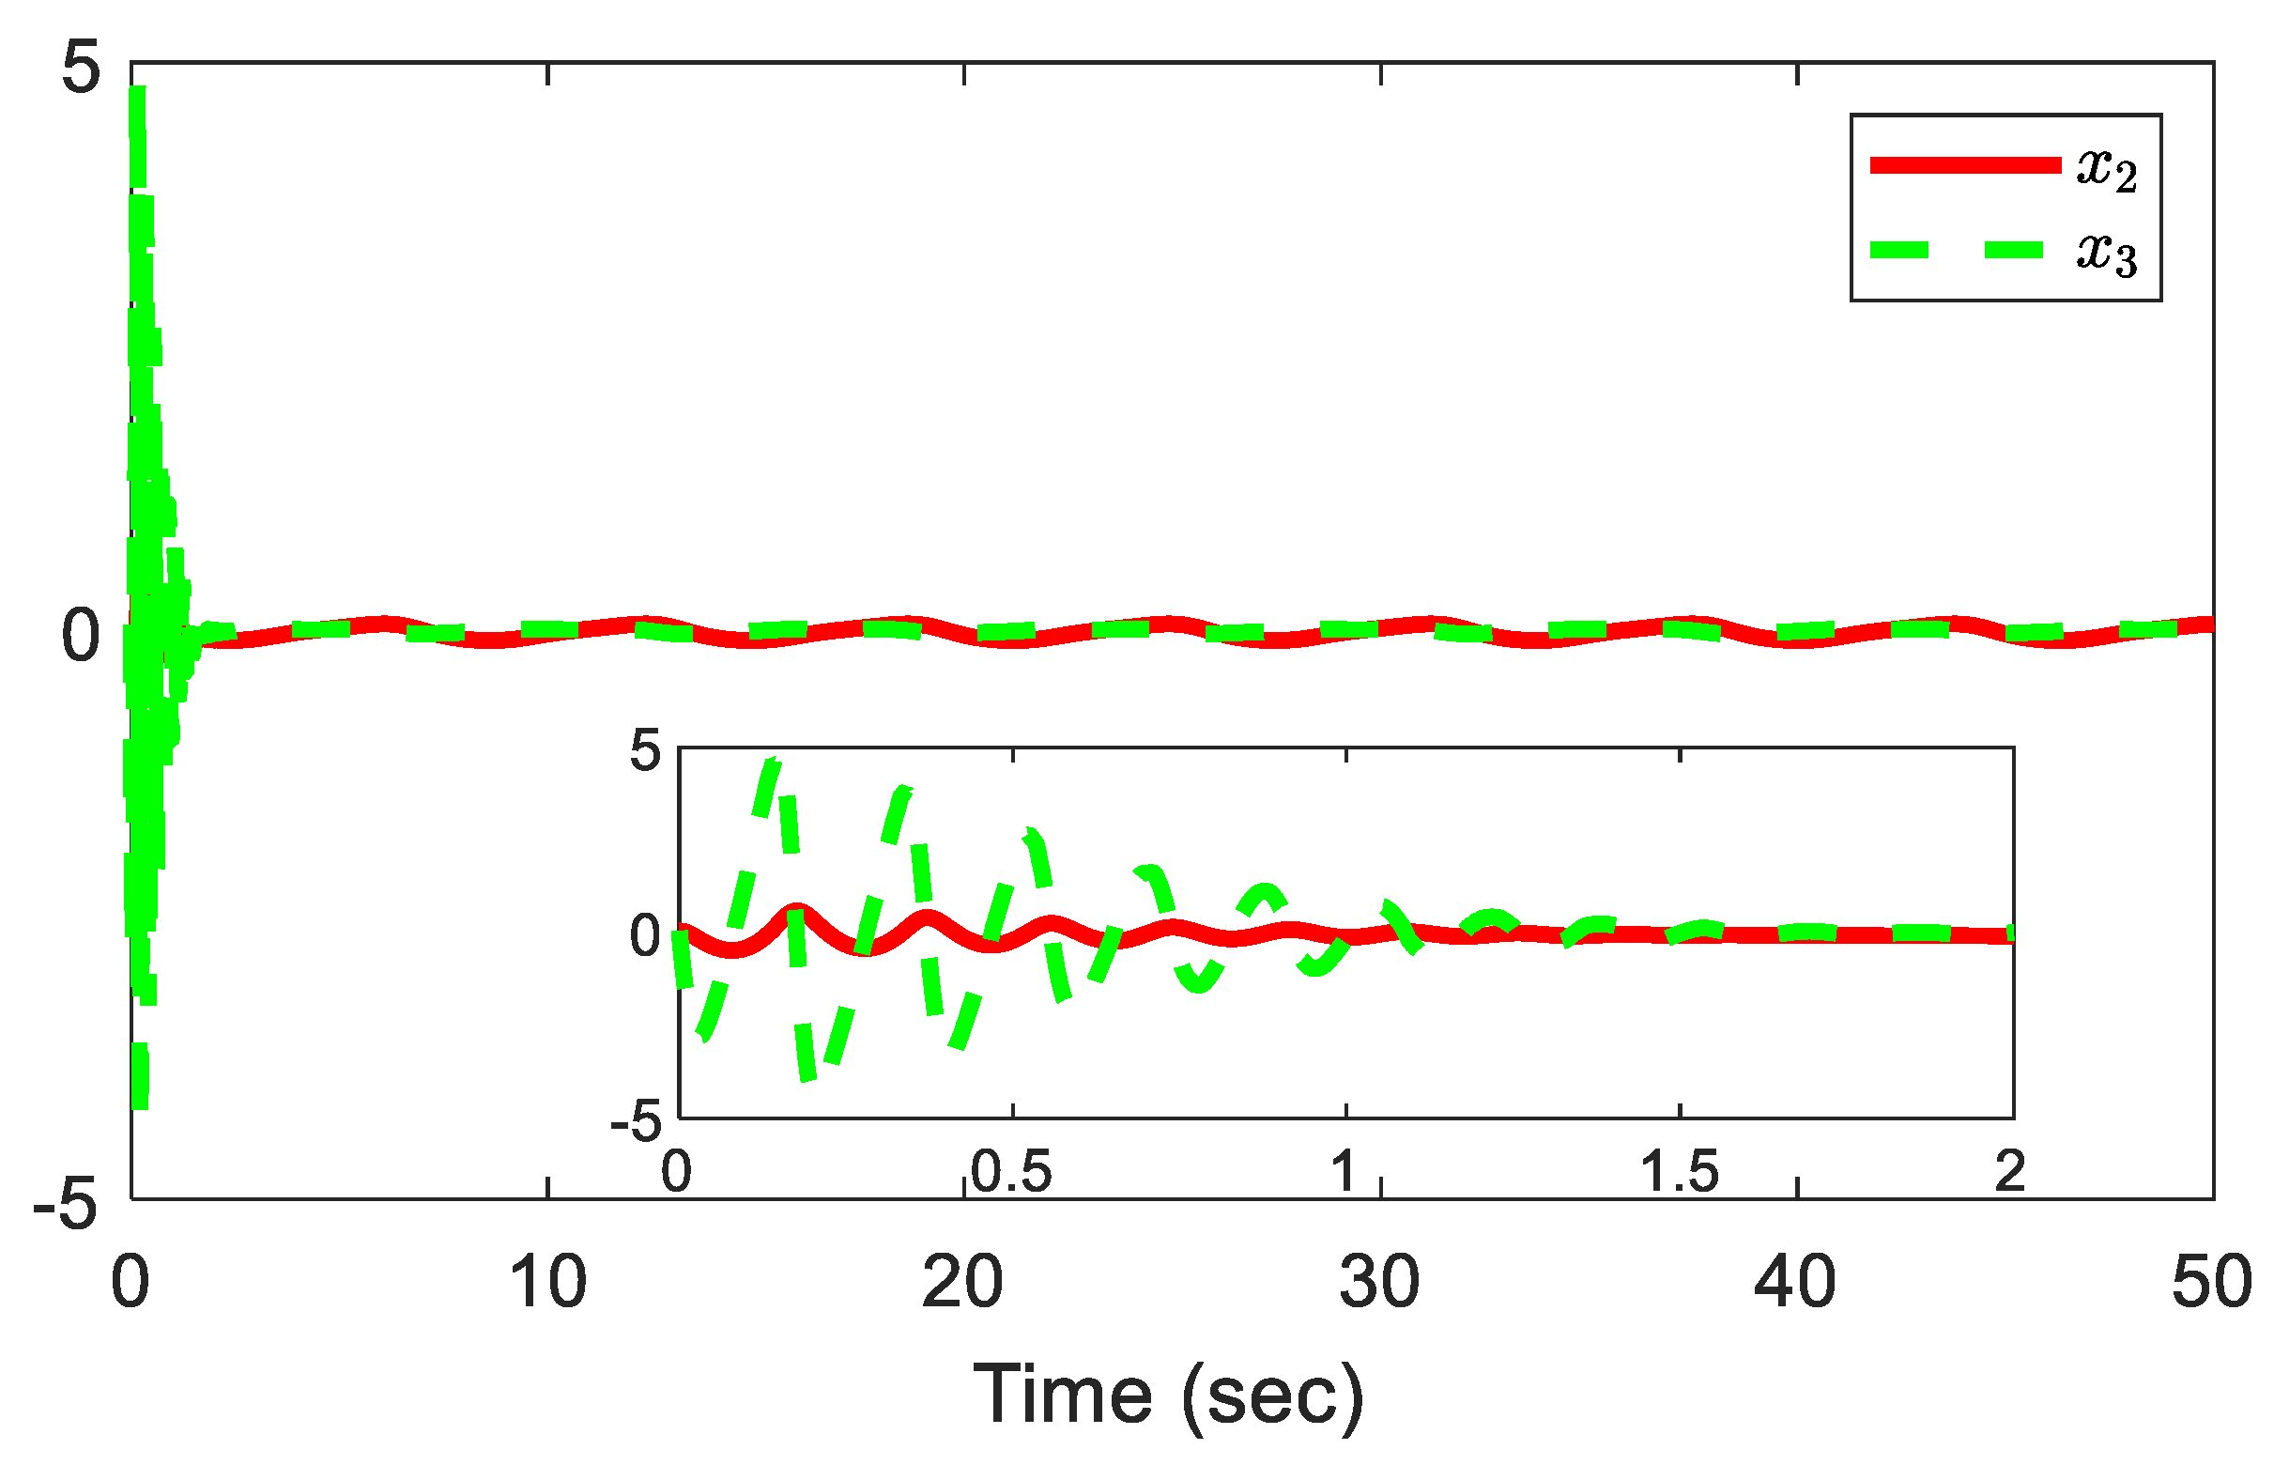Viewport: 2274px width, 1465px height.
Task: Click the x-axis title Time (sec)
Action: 1168,1396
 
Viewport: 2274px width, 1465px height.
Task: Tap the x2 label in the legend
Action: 2107,169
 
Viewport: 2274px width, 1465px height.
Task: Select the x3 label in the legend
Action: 2107,253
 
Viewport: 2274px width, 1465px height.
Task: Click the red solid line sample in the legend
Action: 1964,165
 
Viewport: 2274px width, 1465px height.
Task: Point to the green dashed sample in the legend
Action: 1964,250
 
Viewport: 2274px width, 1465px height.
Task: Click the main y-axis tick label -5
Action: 66,1205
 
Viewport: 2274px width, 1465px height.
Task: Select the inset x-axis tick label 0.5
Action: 1011,1171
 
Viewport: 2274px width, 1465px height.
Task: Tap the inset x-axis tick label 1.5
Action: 1680,1171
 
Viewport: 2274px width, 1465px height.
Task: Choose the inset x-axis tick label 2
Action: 2009,1171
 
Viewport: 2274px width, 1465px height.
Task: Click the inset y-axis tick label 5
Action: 644,751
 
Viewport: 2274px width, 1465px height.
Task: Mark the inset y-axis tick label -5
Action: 636,1122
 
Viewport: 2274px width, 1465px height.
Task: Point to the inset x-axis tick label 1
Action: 1344,1171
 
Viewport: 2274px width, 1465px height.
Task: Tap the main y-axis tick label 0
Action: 80,636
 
